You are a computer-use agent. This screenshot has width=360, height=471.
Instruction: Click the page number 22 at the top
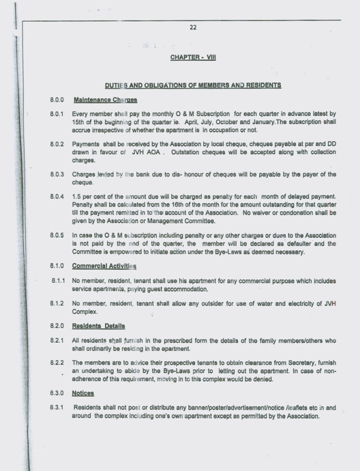pyautogui.click(x=193, y=27)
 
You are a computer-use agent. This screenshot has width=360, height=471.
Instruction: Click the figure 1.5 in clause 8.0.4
pyautogui.click(x=77, y=197)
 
